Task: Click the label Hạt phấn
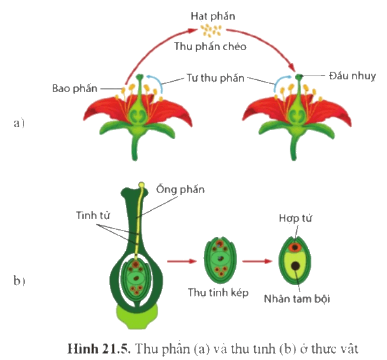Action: click(x=213, y=17)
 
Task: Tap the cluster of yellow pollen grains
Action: click(x=211, y=30)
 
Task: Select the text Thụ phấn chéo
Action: click(x=210, y=46)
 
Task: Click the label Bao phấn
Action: click(x=75, y=88)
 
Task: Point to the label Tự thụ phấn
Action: click(x=215, y=78)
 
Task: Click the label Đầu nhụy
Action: click(x=353, y=76)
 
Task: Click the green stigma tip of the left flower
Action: click(x=140, y=77)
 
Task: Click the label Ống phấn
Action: click(x=180, y=189)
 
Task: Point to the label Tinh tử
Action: click(x=93, y=215)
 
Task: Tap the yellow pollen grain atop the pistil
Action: click(x=142, y=185)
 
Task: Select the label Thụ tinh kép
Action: click(x=218, y=293)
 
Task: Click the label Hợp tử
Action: click(x=295, y=218)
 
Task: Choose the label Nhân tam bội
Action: click(x=297, y=298)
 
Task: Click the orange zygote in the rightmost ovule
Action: click(x=295, y=247)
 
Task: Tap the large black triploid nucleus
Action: click(x=295, y=266)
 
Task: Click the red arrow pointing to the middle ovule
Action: click(x=182, y=261)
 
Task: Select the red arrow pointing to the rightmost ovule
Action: click(x=257, y=261)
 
